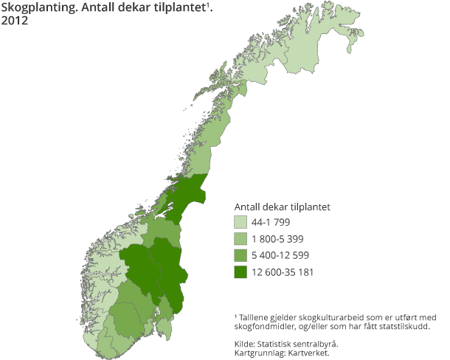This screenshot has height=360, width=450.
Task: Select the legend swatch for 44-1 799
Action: (x=240, y=222)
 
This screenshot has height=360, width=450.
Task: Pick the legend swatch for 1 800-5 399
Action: (x=240, y=239)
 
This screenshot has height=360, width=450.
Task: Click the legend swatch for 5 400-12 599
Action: (x=240, y=256)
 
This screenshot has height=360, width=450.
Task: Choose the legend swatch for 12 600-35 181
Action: (x=240, y=273)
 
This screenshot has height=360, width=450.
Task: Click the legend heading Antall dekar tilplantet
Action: (x=282, y=206)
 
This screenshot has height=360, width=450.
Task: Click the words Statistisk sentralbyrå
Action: (x=300, y=343)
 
